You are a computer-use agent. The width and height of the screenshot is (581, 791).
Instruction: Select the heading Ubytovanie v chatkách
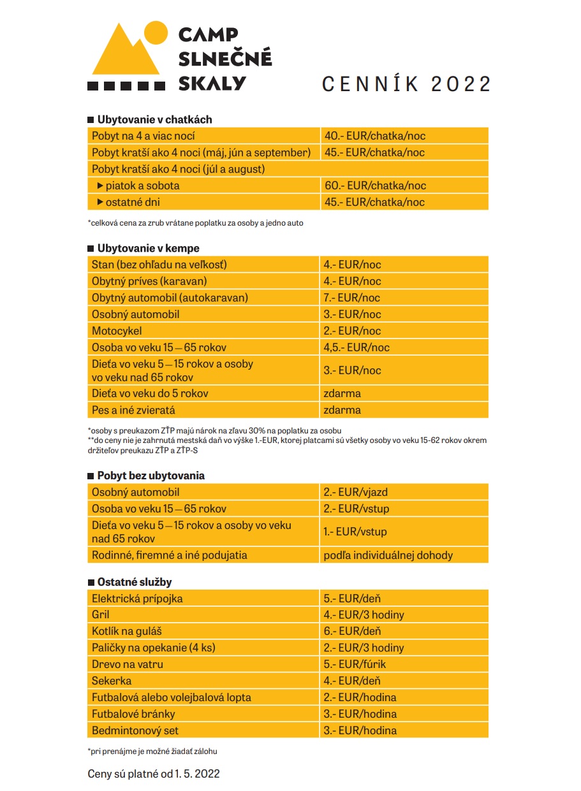[x=154, y=119]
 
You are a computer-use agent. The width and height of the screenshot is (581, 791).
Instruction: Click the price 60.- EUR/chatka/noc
[x=375, y=185]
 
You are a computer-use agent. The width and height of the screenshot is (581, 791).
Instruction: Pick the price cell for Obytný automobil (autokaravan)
[x=352, y=298]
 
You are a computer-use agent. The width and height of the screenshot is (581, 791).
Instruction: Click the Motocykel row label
[x=117, y=331]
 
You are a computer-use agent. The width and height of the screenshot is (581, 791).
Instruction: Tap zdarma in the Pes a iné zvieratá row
[x=342, y=410]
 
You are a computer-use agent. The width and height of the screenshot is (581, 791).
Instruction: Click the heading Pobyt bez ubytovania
[x=151, y=475]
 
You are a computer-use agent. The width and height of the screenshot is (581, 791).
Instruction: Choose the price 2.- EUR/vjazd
[x=356, y=492]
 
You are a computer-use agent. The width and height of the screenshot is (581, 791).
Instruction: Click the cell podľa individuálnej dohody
[x=388, y=555]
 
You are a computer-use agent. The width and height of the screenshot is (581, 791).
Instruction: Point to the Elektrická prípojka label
[x=138, y=599]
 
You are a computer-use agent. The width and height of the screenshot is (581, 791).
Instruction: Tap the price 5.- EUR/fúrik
[x=355, y=664]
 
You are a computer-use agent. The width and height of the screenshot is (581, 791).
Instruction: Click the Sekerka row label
[x=112, y=681]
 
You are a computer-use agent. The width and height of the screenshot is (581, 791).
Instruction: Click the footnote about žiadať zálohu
[x=157, y=751]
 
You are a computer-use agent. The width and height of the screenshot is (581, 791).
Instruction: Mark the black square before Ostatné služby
[x=91, y=582]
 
